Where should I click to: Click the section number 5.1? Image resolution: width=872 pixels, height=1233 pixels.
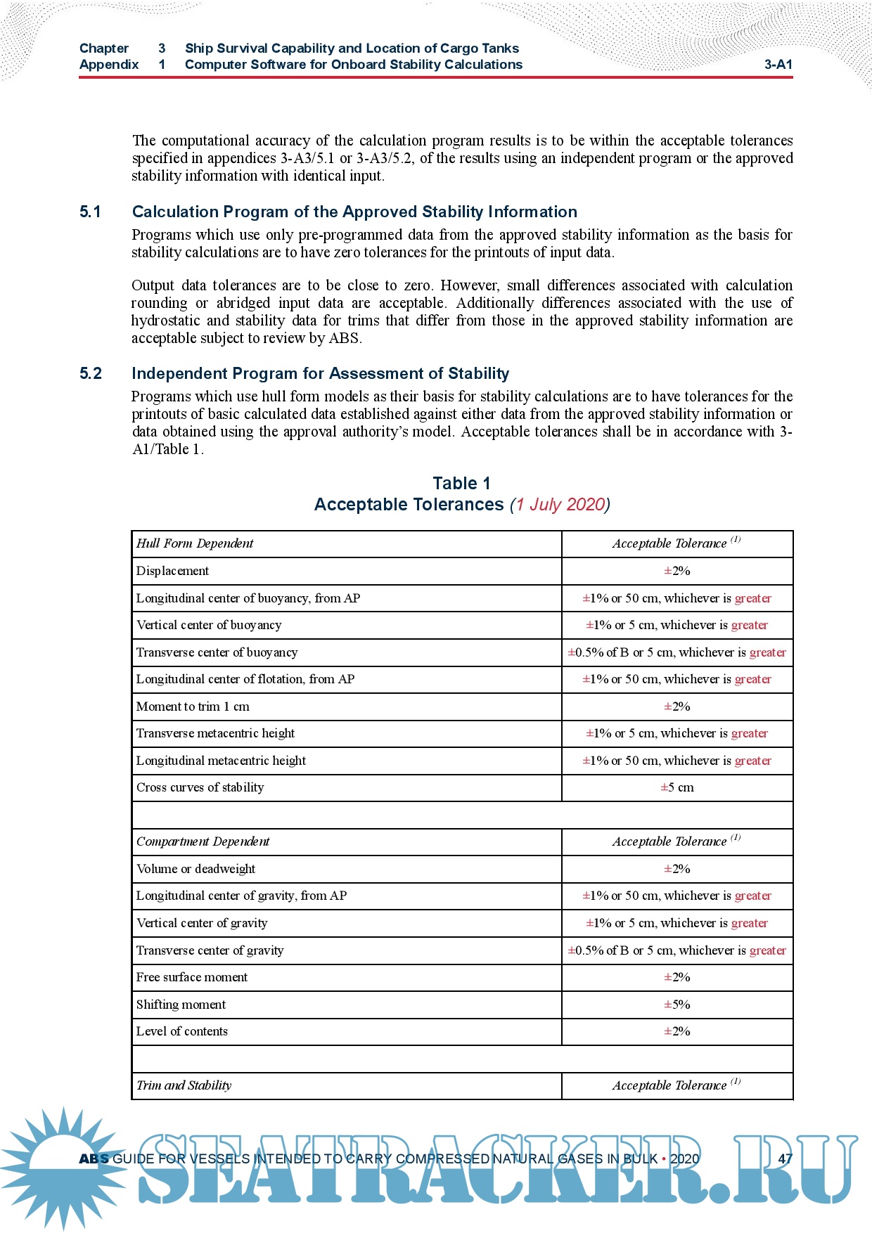90,212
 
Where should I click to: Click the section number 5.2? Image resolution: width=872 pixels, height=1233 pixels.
91,373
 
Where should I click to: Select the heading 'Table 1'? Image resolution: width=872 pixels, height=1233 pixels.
461,483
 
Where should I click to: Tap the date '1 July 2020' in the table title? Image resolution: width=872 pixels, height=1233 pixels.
560,505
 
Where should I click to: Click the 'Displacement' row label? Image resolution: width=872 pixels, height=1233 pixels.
172,571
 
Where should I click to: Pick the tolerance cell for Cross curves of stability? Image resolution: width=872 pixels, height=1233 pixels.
677,788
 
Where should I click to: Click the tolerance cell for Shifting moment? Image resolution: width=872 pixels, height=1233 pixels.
677,1005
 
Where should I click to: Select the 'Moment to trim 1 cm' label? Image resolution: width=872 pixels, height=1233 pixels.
193,706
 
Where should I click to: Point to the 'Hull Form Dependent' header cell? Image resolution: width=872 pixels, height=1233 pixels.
195,543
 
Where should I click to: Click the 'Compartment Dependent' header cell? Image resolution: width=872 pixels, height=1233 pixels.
203,841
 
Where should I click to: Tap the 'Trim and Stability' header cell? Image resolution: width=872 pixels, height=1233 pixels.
184,1085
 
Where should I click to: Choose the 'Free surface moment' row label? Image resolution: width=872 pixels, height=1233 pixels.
192,977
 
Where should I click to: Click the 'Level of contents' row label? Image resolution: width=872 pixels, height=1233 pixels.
182,1031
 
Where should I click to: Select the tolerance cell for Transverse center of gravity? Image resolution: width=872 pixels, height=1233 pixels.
677,950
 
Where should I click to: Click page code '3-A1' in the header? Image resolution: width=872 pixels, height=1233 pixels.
778,65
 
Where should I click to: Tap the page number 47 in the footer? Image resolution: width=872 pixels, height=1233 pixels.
785,1159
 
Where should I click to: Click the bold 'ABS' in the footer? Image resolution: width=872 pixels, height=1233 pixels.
94,1159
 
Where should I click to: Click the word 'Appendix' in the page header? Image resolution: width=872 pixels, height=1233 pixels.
109,65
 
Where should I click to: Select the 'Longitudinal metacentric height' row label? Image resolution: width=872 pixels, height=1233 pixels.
221,761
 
